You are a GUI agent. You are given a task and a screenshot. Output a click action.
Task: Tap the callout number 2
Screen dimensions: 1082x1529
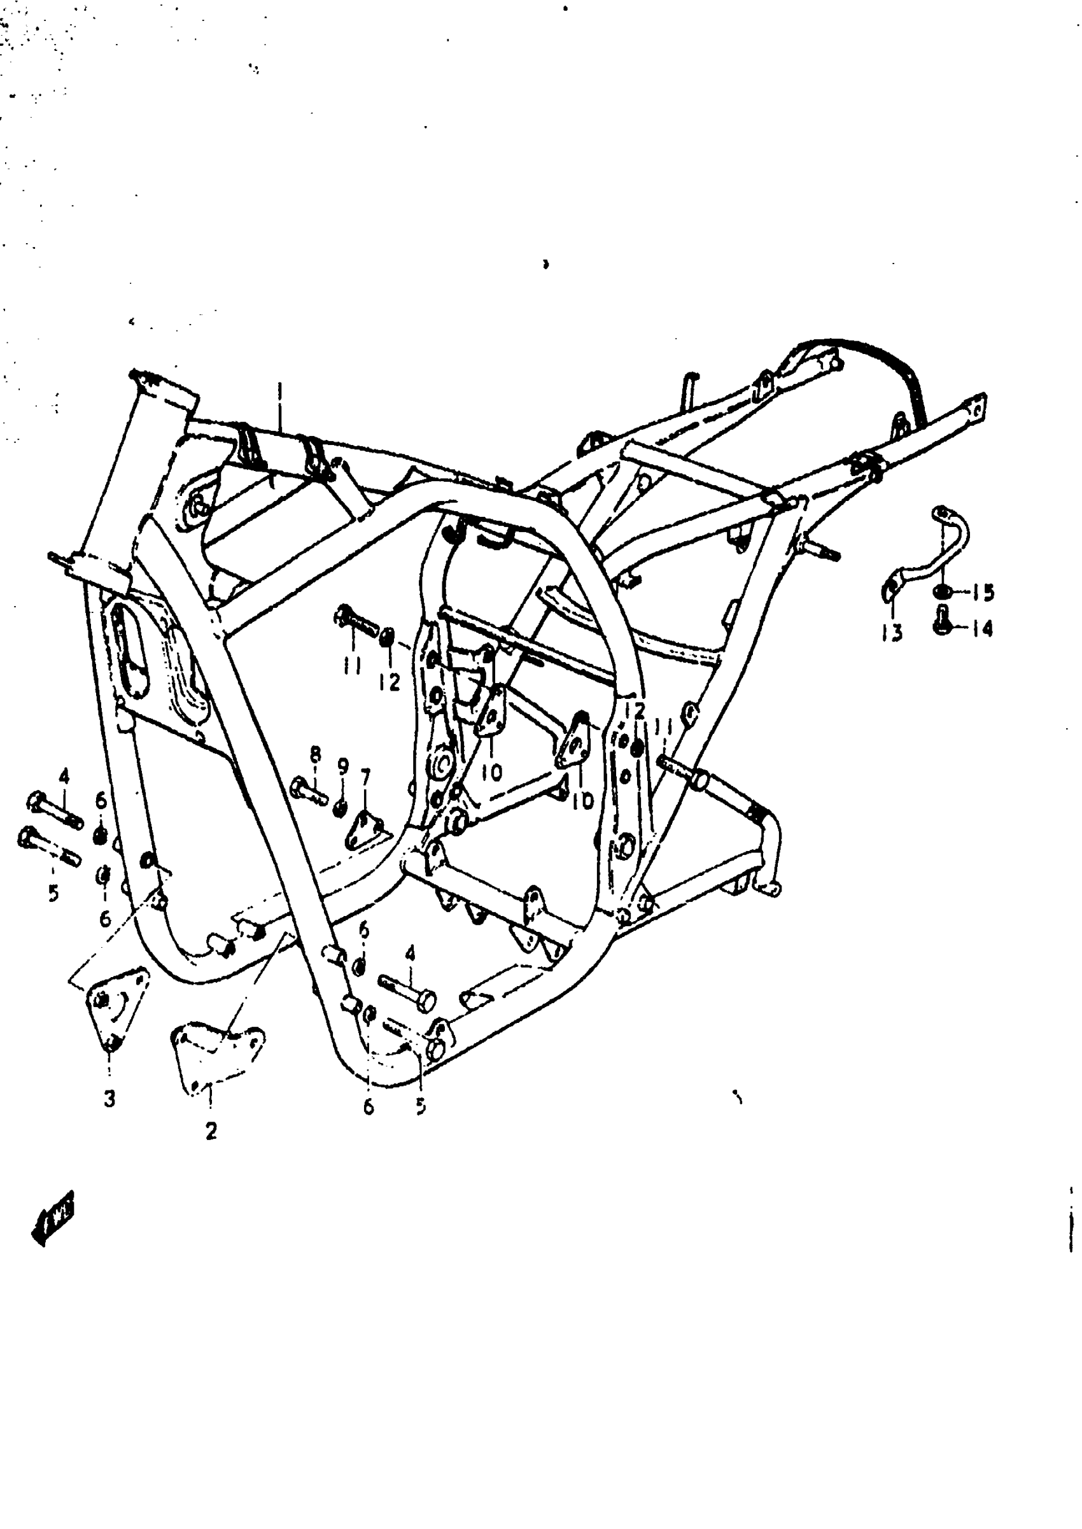coord(211,1131)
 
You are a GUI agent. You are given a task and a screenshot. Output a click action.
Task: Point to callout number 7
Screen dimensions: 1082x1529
coord(365,777)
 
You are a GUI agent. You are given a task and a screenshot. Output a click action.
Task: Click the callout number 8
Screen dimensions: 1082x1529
coord(315,755)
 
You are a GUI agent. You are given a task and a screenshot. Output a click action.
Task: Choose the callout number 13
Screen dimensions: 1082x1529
coord(892,631)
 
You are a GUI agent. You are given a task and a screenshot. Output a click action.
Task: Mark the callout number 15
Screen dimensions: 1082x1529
coord(983,592)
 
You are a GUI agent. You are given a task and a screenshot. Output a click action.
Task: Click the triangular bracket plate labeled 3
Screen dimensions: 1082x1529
coord(115,1005)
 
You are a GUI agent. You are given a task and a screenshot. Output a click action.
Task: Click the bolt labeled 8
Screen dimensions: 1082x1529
coord(309,789)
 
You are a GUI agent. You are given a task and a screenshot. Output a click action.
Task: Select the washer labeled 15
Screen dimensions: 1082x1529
coord(943,591)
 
